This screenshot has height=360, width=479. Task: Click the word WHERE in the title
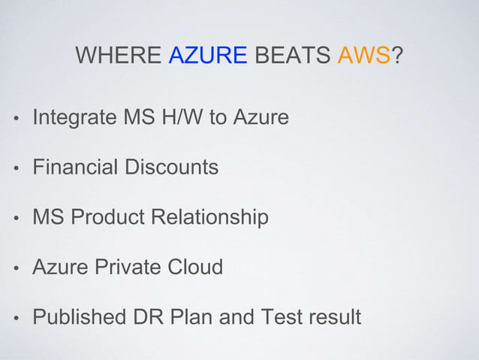(x=119, y=56)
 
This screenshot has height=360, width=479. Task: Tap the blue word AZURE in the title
(x=208, y=56)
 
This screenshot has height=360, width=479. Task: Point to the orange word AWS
(x=360, y=56)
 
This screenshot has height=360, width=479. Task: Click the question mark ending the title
(x=395, y=56)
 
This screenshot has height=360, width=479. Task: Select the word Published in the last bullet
(x=79, y=317)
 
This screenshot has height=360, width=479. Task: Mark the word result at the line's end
(x=331, y=317)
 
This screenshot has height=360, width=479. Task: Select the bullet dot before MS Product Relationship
(x=14, y=219)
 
